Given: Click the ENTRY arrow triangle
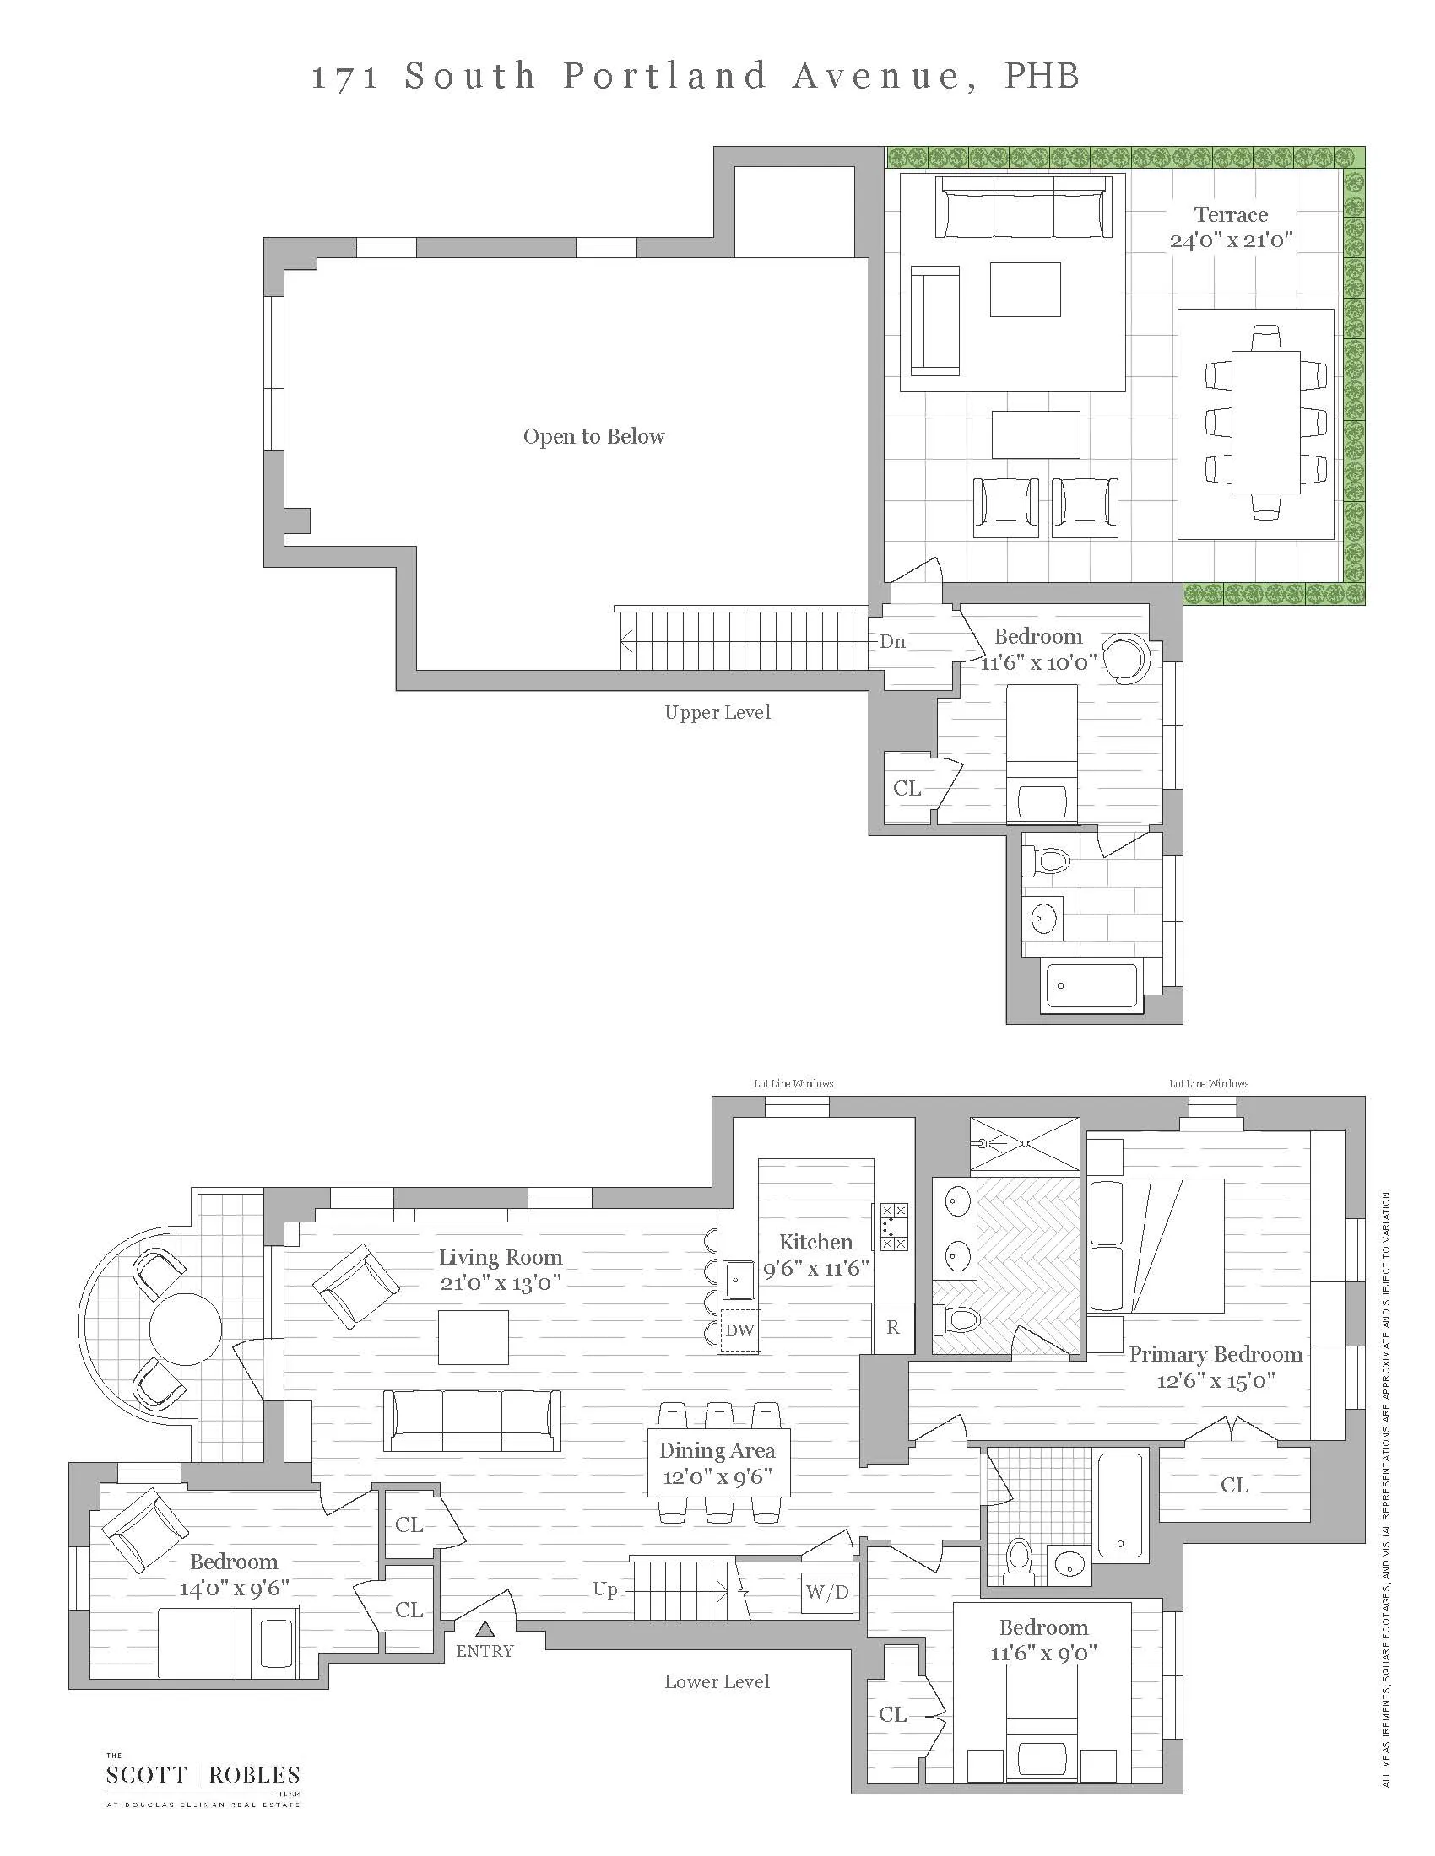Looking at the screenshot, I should tap(485, 1628).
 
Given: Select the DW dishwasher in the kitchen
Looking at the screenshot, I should tap(739, 1330).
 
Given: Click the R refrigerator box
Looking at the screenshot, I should tap(892, 1327).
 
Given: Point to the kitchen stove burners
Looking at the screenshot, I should tap(893, 1227).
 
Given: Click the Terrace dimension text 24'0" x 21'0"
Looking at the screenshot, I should tap(1230, 240).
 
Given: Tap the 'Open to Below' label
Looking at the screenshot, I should tap(593, 437).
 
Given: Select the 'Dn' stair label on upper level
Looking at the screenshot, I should tap(891, 642).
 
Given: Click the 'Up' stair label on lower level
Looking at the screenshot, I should tap(605, 1589).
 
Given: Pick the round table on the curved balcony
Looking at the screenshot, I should tap(186, 1328).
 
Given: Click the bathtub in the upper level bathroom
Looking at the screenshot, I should tap(1091, 985).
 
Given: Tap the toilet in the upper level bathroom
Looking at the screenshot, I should tap(1048, 861).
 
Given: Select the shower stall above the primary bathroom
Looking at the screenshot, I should tap(1025, 1144).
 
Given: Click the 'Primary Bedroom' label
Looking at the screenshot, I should tap(1215, 1355).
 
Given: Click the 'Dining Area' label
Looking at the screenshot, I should tap(717, 1451).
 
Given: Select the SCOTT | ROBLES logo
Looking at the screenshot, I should tap(203, 1775).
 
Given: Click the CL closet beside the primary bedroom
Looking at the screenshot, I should tap(1234, 1485).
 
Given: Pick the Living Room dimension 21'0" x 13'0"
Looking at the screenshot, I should tap(500, 1283).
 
